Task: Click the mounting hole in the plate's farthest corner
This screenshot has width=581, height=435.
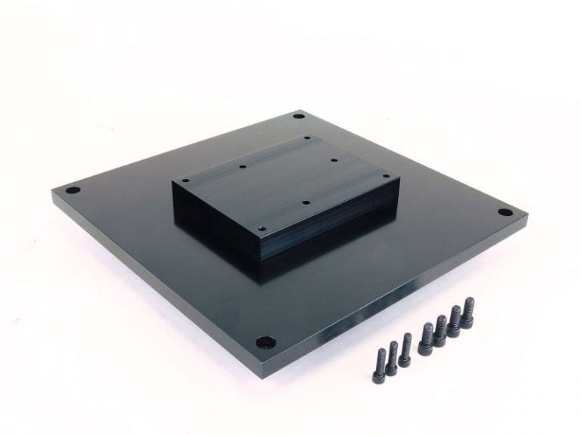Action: click(x=299, y=119)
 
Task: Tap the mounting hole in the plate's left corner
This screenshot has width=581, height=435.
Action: click(x=72, y=191)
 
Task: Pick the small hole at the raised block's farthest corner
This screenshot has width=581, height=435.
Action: click(x=307, y=137)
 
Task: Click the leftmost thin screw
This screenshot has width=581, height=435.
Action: click(x=381, y=361)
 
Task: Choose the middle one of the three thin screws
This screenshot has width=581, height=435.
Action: click(x=393, y=356)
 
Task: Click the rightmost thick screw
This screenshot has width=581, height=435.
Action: click(x=468, y=311)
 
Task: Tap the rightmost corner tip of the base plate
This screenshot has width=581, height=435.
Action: click(x=527, y=219)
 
